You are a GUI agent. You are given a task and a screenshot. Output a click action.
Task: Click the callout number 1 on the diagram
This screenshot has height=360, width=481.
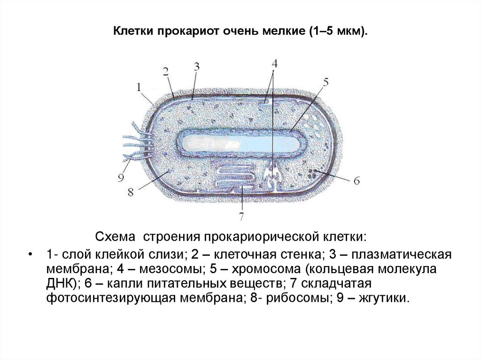(140, 87)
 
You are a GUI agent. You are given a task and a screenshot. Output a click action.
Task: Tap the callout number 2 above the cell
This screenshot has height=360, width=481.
(166, 71)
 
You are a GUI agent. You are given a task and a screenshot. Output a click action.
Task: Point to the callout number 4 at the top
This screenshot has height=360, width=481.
(274, 63)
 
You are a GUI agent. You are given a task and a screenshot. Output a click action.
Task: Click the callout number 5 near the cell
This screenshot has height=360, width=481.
(325, 83)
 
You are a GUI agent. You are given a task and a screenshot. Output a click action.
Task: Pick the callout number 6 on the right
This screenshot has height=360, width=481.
(356, 180)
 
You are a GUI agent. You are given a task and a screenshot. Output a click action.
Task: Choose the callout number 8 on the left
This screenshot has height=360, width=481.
(131, 192)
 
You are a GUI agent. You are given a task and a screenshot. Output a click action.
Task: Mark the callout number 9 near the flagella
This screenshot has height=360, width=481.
(121, 177)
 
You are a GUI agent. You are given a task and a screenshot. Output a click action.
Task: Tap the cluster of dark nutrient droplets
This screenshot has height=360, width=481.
(312, 173)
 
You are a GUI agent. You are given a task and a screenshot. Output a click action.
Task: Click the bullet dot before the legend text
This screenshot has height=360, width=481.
(31, 255)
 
